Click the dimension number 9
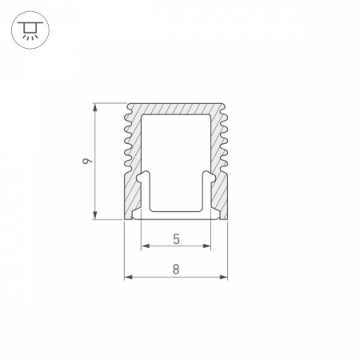pos(87,161)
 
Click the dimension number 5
pos(176,239)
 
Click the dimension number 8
pos(176,270)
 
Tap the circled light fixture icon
pos(30,30)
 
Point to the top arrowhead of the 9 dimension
pos(95,108)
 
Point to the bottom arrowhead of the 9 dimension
pos(95,215)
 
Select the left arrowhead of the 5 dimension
pos(146,246)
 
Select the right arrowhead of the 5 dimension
pos(206,246)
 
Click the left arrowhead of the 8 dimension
pos(129,278)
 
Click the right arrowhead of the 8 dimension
pos(223,278)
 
